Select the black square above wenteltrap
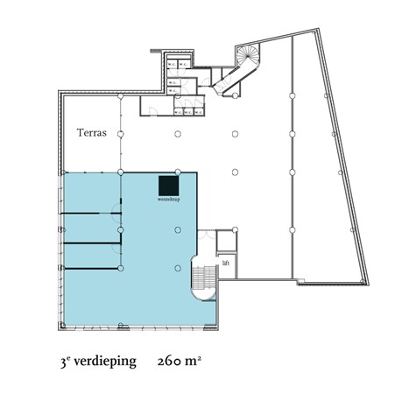tap(168, 186)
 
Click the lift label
tap(226, 262)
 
